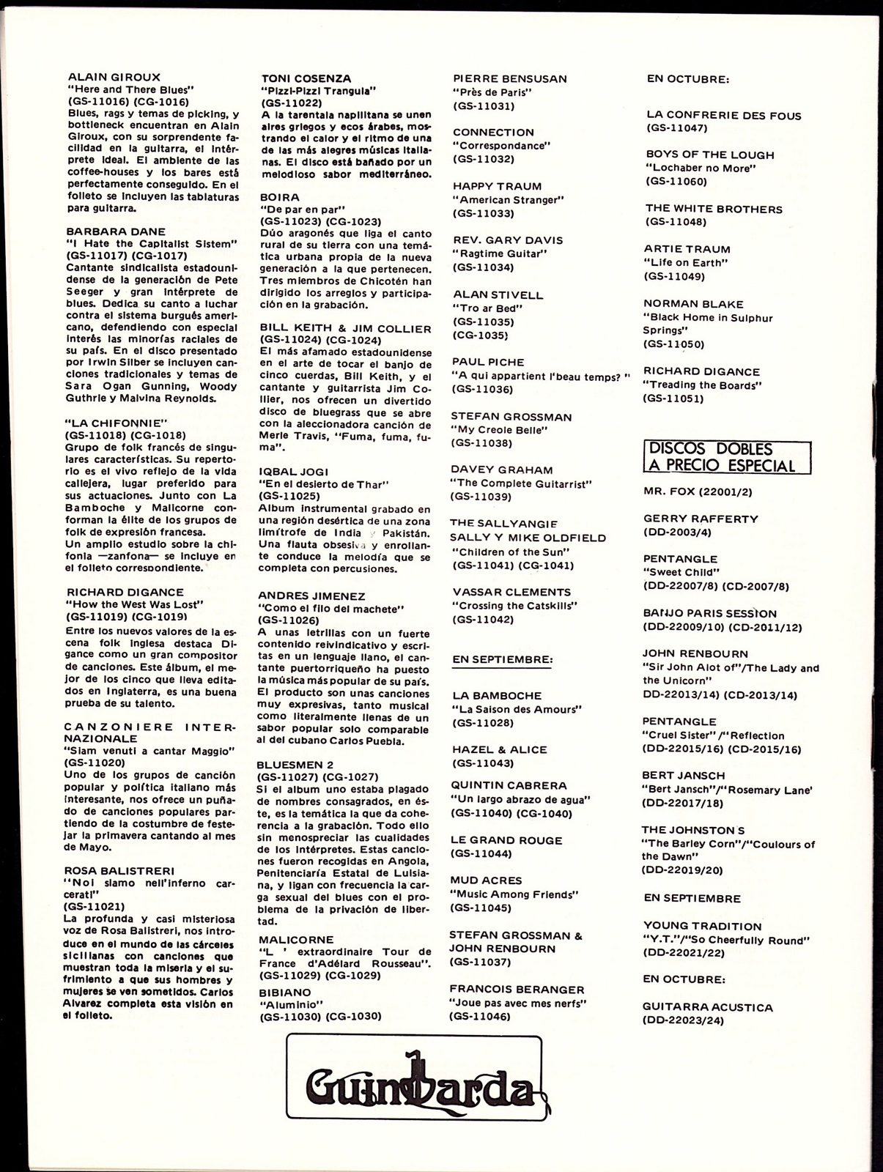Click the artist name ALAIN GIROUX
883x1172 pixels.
pyautogui.click(x=114, y=76)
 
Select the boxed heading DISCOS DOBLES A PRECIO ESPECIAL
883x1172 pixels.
pyautogui.click(x=719, y=457)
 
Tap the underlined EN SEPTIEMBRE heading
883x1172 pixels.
pyautogui.click(x=502, y=659)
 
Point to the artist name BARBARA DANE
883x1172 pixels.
pyautogui.click(x=116, y=231)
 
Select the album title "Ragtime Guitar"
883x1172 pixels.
pyautogui.click(x=499, y=253)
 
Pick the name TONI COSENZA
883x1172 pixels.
pyautogui.click(x=306, y=78)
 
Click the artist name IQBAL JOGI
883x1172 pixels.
pyautogui.click(x=295, y=471)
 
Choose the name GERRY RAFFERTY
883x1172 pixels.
pyautogui.click(x=701, y=519)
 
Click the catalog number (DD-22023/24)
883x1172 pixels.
pyautogui.click(x=684, y=1020)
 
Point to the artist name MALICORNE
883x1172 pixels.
pyautogui.click(x=295, y=939)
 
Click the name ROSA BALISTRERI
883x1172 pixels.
pyautogui.click(x=120, y=870)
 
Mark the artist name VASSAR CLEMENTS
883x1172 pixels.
pyautogui.click(x=511, y=592)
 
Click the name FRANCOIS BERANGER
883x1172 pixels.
pyautogui.click(x=517, y=989)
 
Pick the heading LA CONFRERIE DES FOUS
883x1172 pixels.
pyautogui.click(x=723, y=115)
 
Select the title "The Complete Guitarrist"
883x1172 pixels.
pyautogui.click(x=522, y=483)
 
